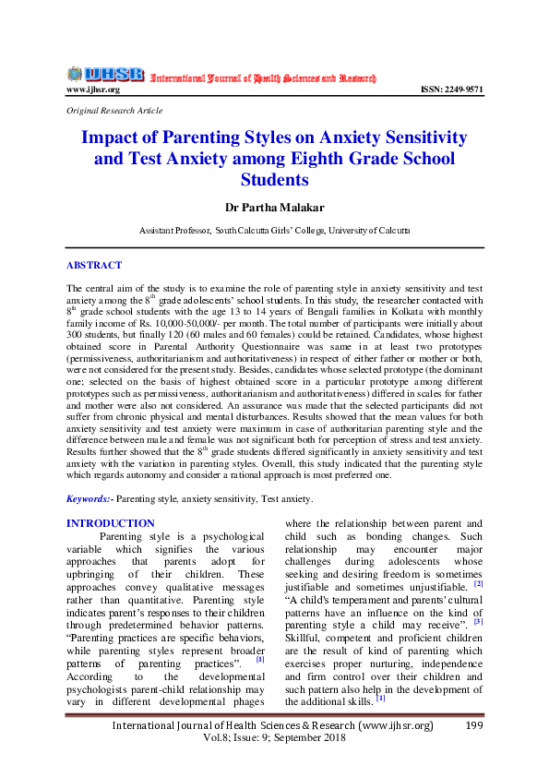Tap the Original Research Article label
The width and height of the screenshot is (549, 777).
tap(114, 110)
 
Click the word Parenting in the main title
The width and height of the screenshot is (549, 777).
tap(190, 137)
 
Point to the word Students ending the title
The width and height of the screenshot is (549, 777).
tap(274, 179)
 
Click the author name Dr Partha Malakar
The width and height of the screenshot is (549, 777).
tap(274, 207)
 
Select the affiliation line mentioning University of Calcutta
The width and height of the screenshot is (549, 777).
tap(274, 229)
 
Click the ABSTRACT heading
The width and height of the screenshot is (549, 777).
tap(93, 265)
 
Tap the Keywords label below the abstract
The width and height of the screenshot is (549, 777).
tap(90, 498)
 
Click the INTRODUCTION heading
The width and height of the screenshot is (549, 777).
tap(111, 523)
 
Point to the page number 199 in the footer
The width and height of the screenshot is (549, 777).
tap(474, 726)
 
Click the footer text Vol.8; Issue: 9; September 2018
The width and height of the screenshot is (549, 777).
tap(274, 741)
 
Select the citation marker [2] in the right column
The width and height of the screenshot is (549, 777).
tap(478, 583)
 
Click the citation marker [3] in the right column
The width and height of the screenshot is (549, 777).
tap(478, 621)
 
